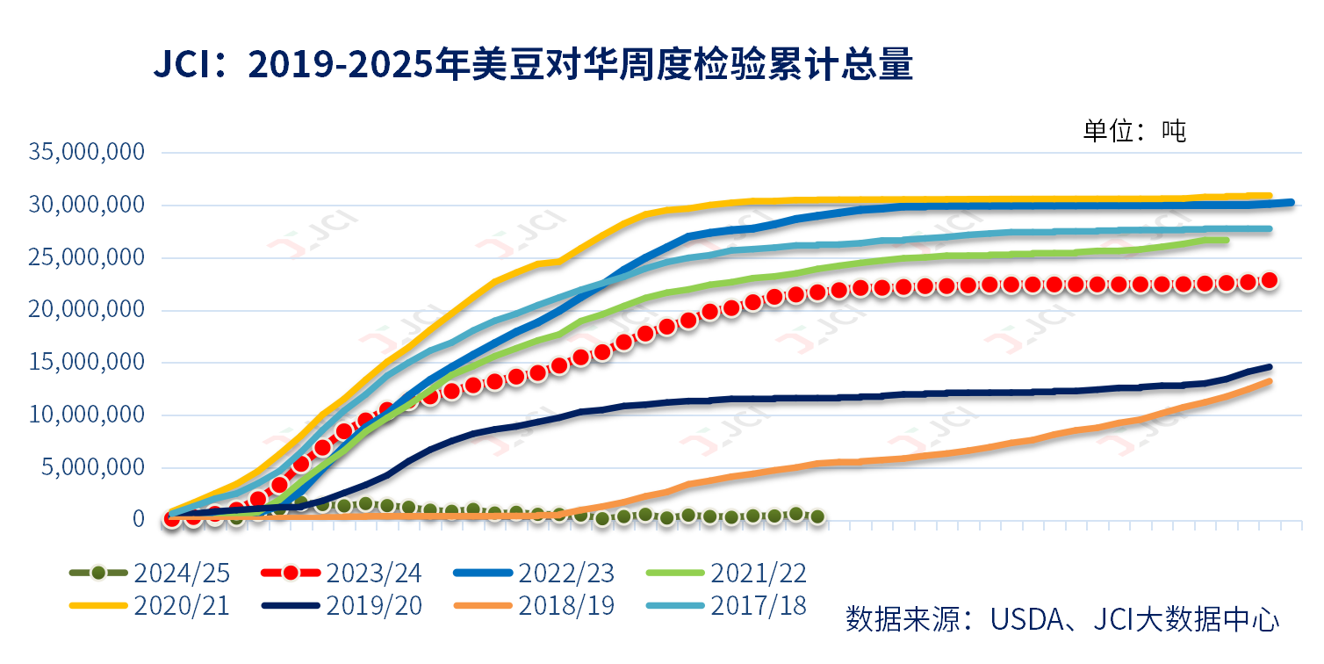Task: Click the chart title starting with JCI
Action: point(533,66)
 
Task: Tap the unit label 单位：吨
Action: point(1134,131)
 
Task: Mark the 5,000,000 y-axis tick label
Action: point(94,467)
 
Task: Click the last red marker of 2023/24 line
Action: point(1269,280)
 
